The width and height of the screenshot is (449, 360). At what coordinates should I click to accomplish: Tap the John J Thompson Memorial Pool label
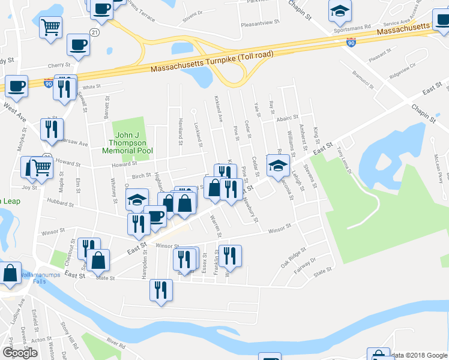pyautogui.click(x=127, y=143)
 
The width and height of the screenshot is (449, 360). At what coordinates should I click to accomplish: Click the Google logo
pyautogui.click(x=20, y=353)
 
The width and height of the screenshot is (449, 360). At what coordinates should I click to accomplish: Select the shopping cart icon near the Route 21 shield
pyautogui.click(x=51, y=26)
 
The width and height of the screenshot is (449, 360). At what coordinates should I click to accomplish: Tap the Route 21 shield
pyautogui.click(x=94, y=31)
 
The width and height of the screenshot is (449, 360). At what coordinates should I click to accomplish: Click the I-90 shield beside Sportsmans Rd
pyautogui.click(x=351, y=42)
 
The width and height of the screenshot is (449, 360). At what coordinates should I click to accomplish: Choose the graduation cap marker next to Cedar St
pyautogui.click(x=278, y=165)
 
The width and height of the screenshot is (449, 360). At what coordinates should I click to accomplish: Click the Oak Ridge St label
pyautogui.click(x=294, y=257)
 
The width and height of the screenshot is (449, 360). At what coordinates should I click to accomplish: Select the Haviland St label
pyautogui.click(x=179, y=131)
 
